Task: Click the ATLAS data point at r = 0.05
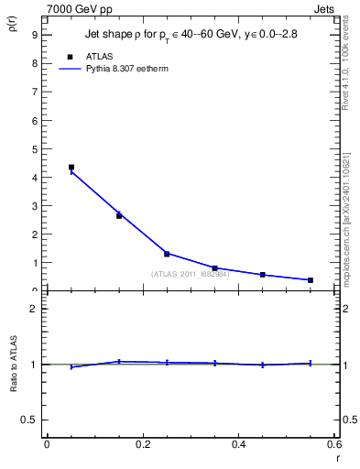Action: click(x=71, y=168)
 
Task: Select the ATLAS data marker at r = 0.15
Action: click(x=119, y=216)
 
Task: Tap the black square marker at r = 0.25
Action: click(x=167, y=254)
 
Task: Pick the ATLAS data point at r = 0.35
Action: click(x=214, y=268)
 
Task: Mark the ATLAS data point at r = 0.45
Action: click(x=263, y=275)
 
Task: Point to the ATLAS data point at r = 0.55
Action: click(x=311, y=280)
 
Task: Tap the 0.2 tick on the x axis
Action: click(x=142, y=444)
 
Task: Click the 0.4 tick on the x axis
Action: click(x=238, y=444)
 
